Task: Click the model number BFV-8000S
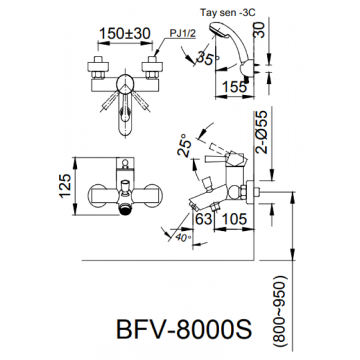[x=184, y=329]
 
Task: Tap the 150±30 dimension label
[x=125, y=33]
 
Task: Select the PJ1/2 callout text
[x=182, y=34]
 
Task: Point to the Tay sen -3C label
[x=228, y=13]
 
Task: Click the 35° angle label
[x=208, y=58]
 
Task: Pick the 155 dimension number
[x=234, y=87]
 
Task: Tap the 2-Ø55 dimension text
[x=262, y=132]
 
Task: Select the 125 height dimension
[x=65, y=186]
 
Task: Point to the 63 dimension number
[x=203, y=219]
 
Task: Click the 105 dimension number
[x=235, y=219]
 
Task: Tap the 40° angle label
[x=183, y=238]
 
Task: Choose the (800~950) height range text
[x=279, y=311]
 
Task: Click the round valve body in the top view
[x=125, y=84]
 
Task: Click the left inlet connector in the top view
[x=98, y=68]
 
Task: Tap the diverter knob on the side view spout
[x=207, y=183]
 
